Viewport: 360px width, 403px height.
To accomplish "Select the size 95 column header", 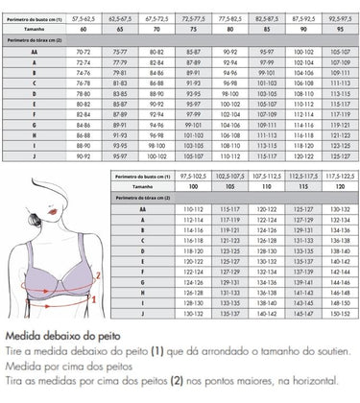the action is tap(336, 29).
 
